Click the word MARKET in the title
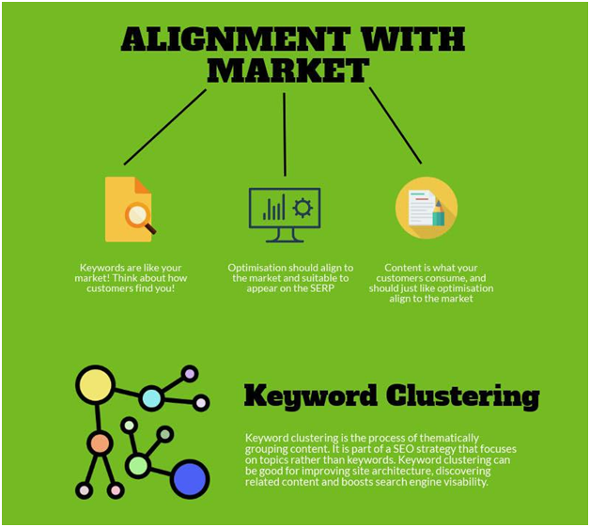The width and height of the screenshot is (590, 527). click(x=287, y=70)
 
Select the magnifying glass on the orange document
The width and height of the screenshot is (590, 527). click(x=140, y=218)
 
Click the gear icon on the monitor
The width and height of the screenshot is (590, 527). click(x=303, y=208)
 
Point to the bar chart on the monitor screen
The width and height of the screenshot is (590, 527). click(x=273, y=208)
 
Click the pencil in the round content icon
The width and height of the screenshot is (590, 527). click(x=439, y=213)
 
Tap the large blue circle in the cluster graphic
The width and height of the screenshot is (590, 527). click(x=190, y=479)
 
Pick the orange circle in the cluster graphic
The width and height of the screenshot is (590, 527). click(x=100, y=443)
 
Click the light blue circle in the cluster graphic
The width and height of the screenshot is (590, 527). click(x=151, y=398)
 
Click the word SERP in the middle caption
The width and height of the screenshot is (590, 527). click(x=322, y=288)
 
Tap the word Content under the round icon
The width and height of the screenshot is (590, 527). click(x=400, y=268)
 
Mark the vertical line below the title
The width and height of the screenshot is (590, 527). click(x=285, y=134)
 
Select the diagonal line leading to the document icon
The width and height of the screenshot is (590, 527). click(x=165, y=127)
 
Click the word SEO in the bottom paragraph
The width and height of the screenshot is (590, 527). click(x=403, y=449)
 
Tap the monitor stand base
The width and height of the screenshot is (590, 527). click(x=285, y=240)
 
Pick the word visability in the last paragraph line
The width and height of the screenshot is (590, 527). click(x=466, y=482)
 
